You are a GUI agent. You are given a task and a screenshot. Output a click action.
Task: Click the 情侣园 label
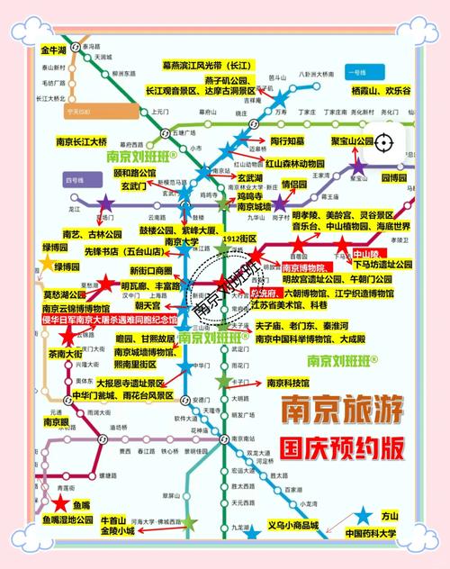click(x=294, y=184)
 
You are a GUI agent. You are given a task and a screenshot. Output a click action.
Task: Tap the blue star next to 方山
click(x=363, y=516)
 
